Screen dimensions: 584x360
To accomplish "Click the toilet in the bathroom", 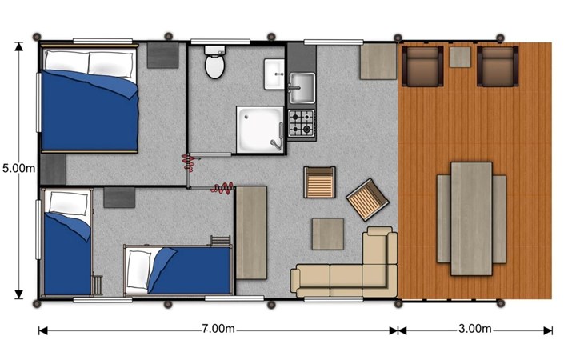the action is point(214,62).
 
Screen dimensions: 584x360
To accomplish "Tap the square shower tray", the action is point(260,130).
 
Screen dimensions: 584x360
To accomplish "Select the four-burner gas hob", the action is point(302,123).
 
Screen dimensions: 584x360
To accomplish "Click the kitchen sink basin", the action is point(302,88).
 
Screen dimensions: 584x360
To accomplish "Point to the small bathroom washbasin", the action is point(274,74).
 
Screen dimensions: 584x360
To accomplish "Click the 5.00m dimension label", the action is point(18,168).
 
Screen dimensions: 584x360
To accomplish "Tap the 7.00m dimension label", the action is point(218,329).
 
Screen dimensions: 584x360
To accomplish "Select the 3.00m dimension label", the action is point(474,329).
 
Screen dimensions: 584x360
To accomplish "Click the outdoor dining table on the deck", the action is point(471,218).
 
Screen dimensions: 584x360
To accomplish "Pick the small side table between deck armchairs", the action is point(460,57).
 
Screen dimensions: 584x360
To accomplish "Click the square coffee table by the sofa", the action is point(328,234).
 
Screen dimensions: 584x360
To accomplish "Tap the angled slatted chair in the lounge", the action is point(367,199).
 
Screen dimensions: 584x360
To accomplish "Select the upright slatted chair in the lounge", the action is point(319,182).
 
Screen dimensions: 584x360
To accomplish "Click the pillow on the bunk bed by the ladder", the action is point(138,270).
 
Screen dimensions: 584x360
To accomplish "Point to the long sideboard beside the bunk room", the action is point(251,233).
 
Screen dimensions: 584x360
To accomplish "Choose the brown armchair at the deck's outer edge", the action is point(498,66).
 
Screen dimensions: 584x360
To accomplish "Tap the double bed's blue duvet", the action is point(90,110).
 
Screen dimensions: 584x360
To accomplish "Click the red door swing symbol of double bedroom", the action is point(189,162).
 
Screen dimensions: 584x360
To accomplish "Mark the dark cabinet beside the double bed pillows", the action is point(162,55).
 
